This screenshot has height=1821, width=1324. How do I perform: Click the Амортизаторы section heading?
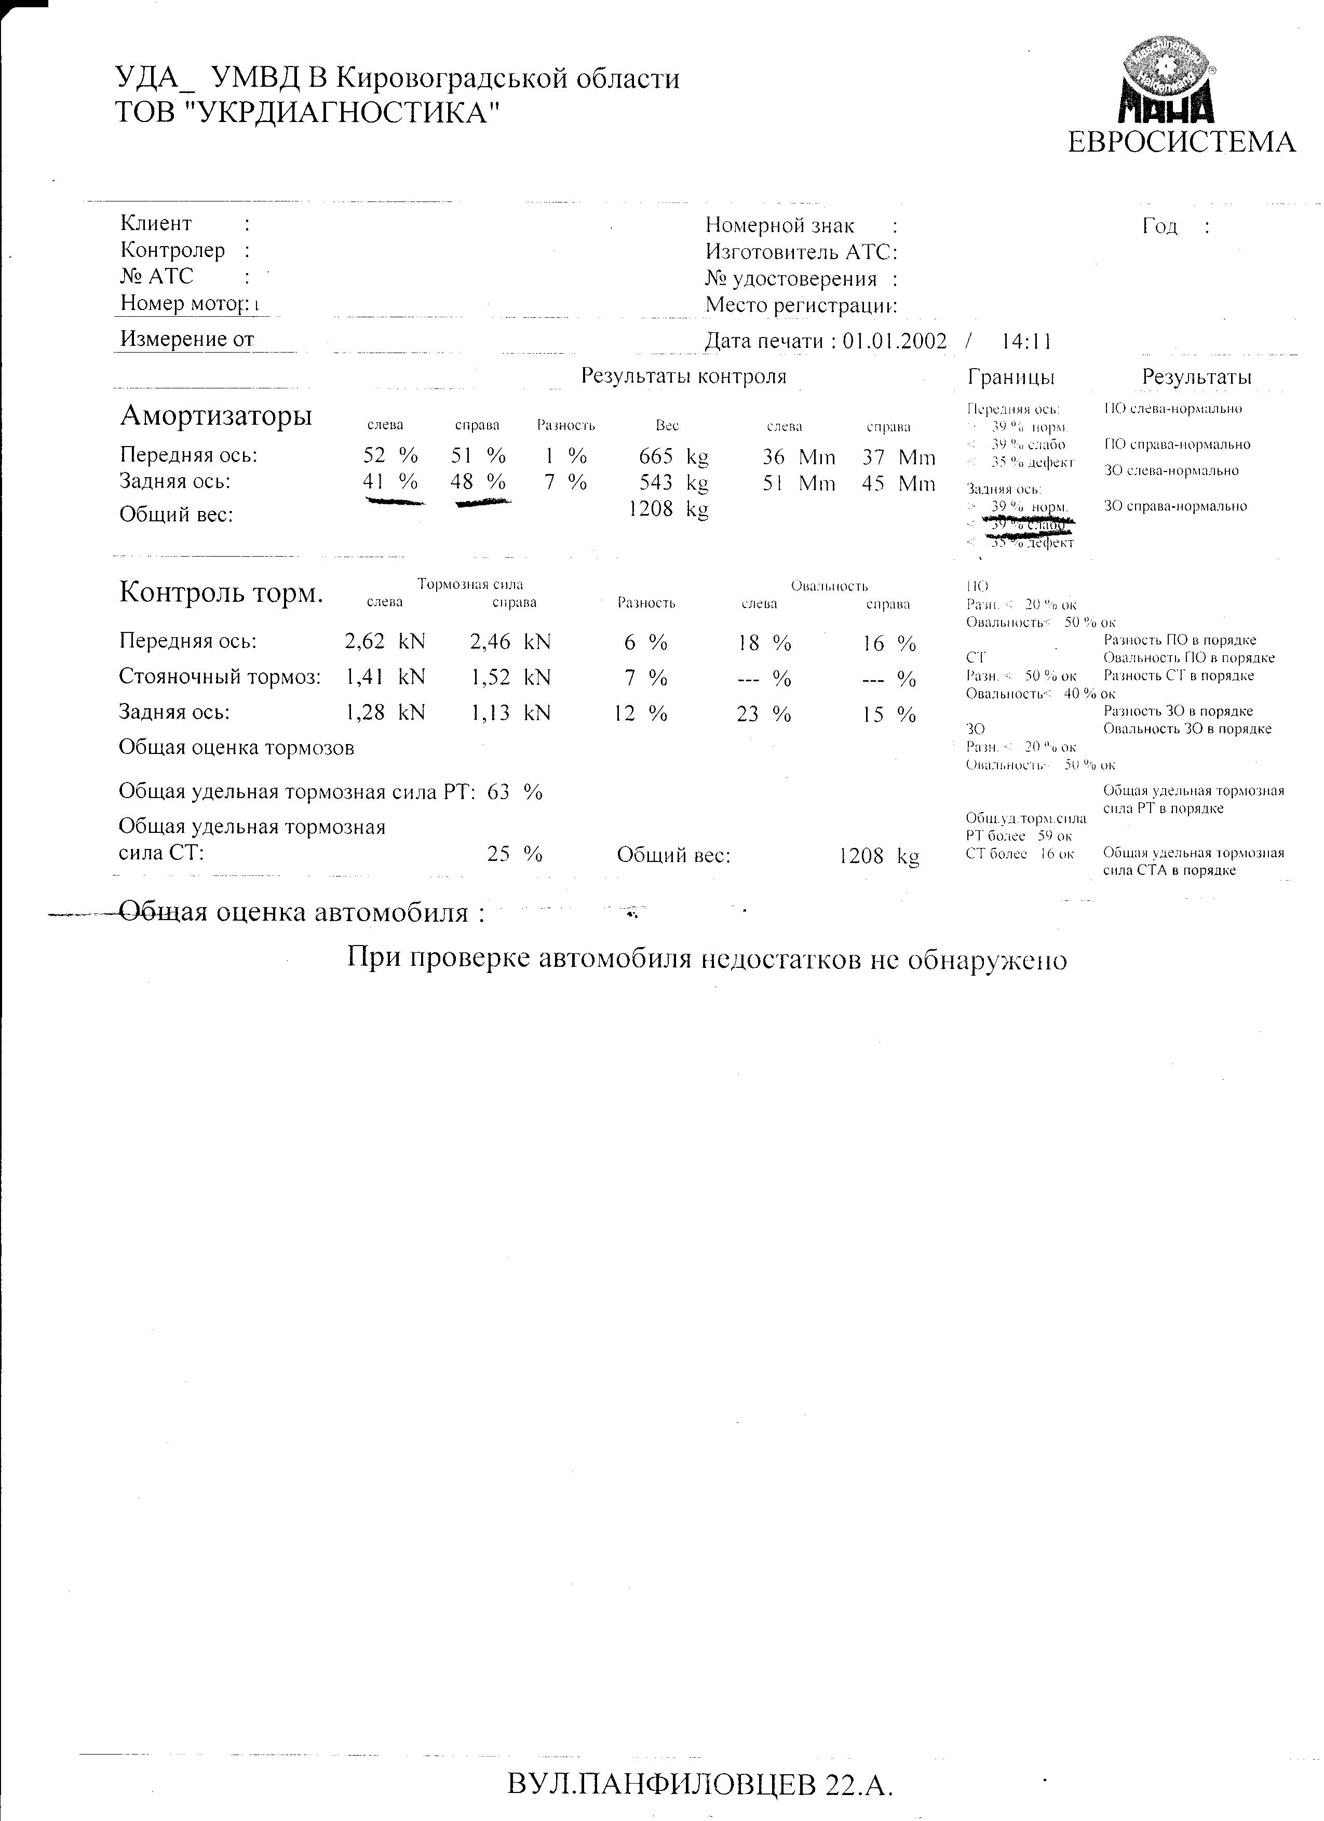point(216,416)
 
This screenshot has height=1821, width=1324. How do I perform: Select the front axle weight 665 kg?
point(673,457)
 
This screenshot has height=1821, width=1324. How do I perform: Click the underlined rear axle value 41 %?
point(390,482)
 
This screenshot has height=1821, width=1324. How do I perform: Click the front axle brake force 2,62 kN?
point(385,641)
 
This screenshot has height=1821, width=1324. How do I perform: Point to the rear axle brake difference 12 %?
point(640,713)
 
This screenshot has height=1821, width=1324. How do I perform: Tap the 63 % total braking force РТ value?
point(515,792)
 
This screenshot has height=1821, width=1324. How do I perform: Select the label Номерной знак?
point(780,226)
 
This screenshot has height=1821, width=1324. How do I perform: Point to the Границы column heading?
point(1011,376)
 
